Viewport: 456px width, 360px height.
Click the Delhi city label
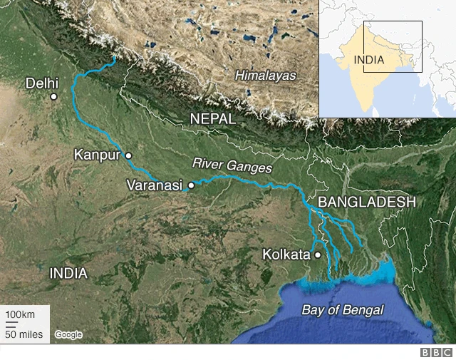click(x=42, y=83)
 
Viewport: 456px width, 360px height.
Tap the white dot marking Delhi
click(x=53, y=96)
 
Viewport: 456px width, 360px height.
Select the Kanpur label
click(x=98, y=155)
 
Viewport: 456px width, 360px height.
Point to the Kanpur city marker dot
click(x=129, y=155)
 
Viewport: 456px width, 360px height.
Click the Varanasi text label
click(x=155, y=185)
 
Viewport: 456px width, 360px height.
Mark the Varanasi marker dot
click(x=191, y=185)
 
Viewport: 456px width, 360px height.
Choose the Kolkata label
click(x=286, y=254)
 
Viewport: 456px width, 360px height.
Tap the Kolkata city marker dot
click(x=318, y=254)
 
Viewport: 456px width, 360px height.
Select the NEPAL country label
click(x=212, y=119)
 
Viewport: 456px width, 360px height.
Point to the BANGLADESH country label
click(x=366, y=202)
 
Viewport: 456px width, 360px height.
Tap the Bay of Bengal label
click(x=343, y=310)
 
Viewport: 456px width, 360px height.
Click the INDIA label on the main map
click(x=68, y=273)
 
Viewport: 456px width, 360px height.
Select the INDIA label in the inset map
click(x=369, y=60)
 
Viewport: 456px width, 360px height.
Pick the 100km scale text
click(x=21, y=315)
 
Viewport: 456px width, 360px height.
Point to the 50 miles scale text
click(x=24, y=334)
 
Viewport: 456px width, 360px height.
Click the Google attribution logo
click(x=68, y=334)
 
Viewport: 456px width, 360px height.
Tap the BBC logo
click(x=436, y=352)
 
